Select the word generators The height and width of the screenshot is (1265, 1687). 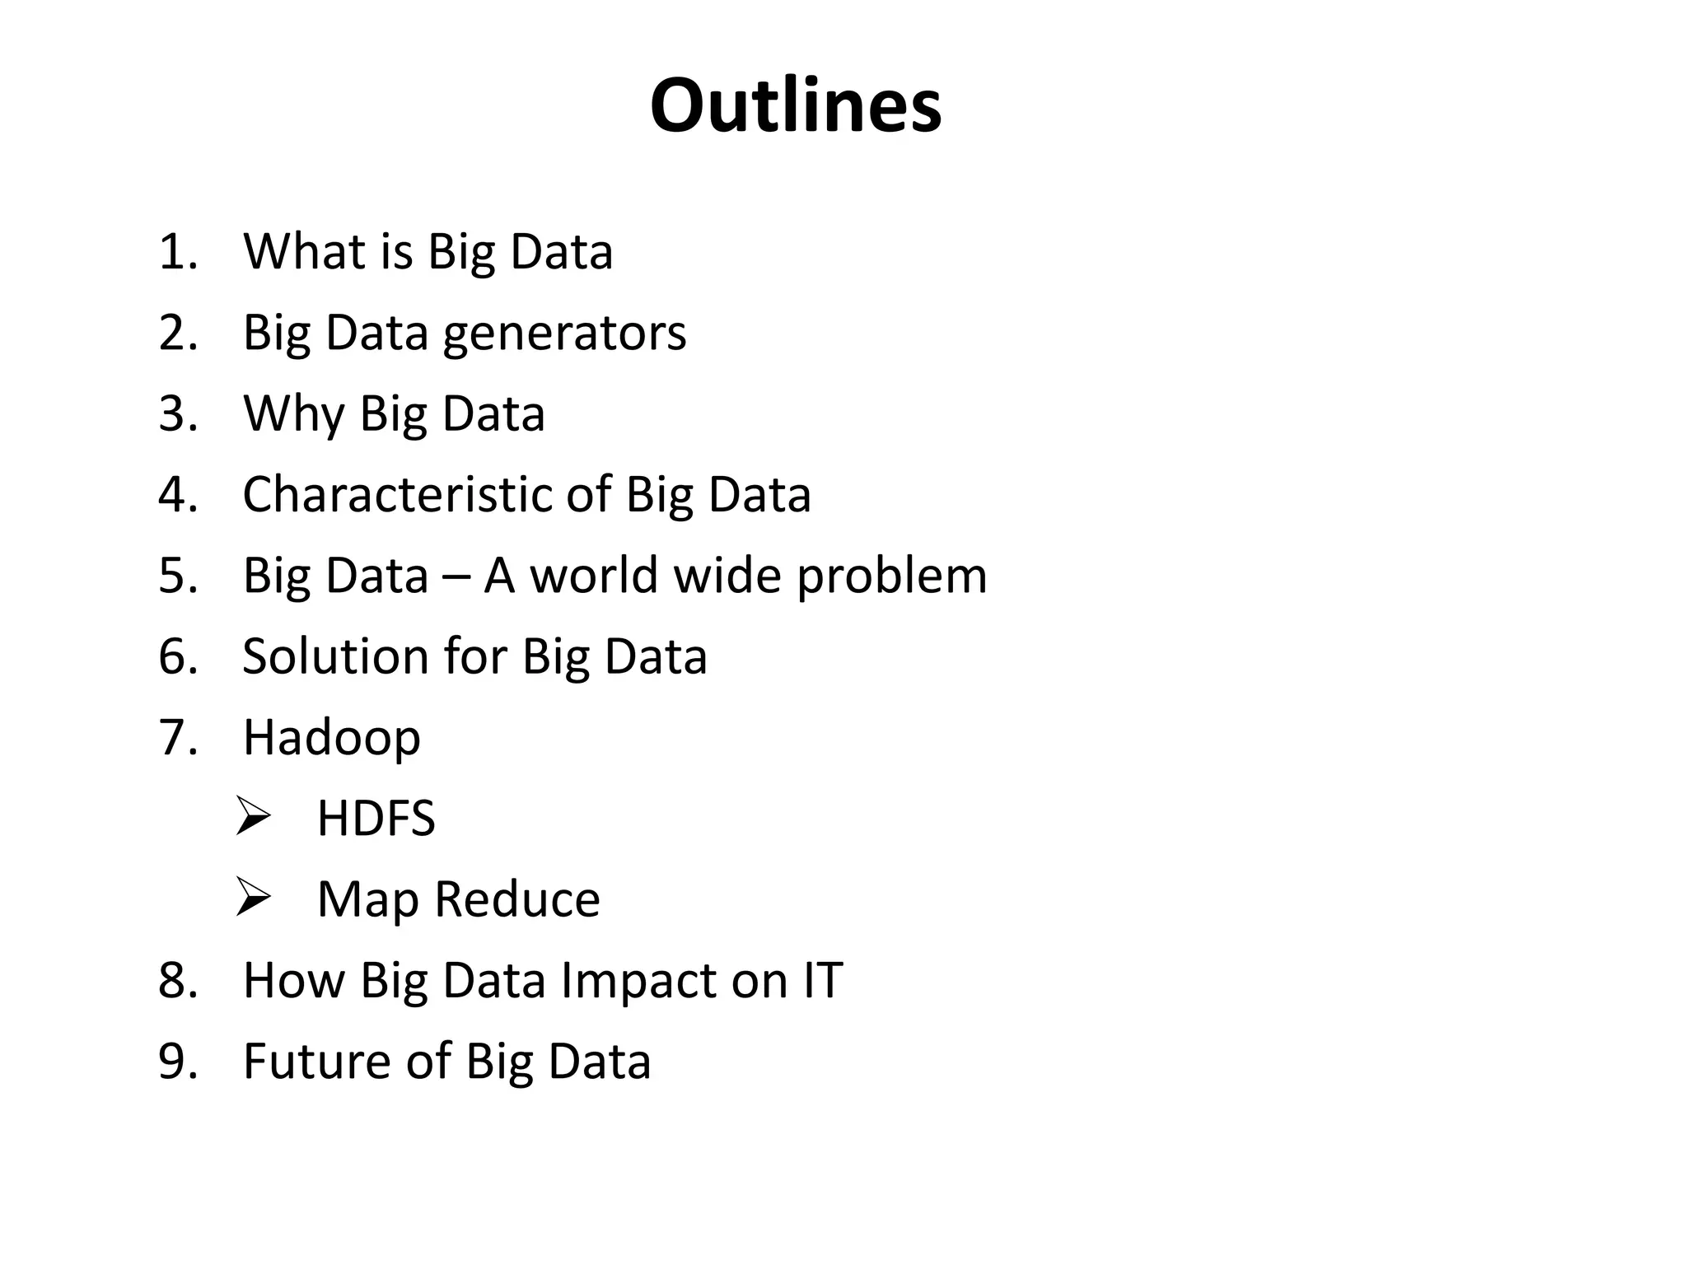[x=564, y=334]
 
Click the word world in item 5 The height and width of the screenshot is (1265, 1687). [x=595, y=576]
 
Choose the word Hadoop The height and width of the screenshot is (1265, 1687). [x=331, y=738]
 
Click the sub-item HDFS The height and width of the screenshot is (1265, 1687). [x=376, y=819]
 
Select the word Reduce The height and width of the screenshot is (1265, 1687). [x=517, y=899]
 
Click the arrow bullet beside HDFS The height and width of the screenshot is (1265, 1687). [x=253, y=816]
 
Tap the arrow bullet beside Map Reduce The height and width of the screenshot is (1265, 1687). [x=253, y=897]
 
